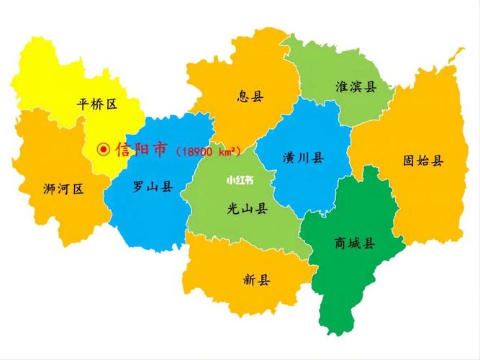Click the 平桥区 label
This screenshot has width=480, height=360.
coord(96,104)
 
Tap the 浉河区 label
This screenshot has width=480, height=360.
coord(63,189)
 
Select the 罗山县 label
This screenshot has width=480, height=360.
coord(153,186)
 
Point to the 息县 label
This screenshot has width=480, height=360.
coord(250,96)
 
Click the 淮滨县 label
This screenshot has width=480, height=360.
coord(356,87)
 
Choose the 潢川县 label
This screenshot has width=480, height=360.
coord(303,158)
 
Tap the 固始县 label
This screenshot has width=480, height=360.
coord(423,160)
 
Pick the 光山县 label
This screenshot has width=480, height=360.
coord(247,209)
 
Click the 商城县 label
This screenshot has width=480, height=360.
coord(354,243)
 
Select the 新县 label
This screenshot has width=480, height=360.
coord(256,280)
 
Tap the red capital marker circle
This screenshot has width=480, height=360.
coord(104,150)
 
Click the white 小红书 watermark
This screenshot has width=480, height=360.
coord(239,180)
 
